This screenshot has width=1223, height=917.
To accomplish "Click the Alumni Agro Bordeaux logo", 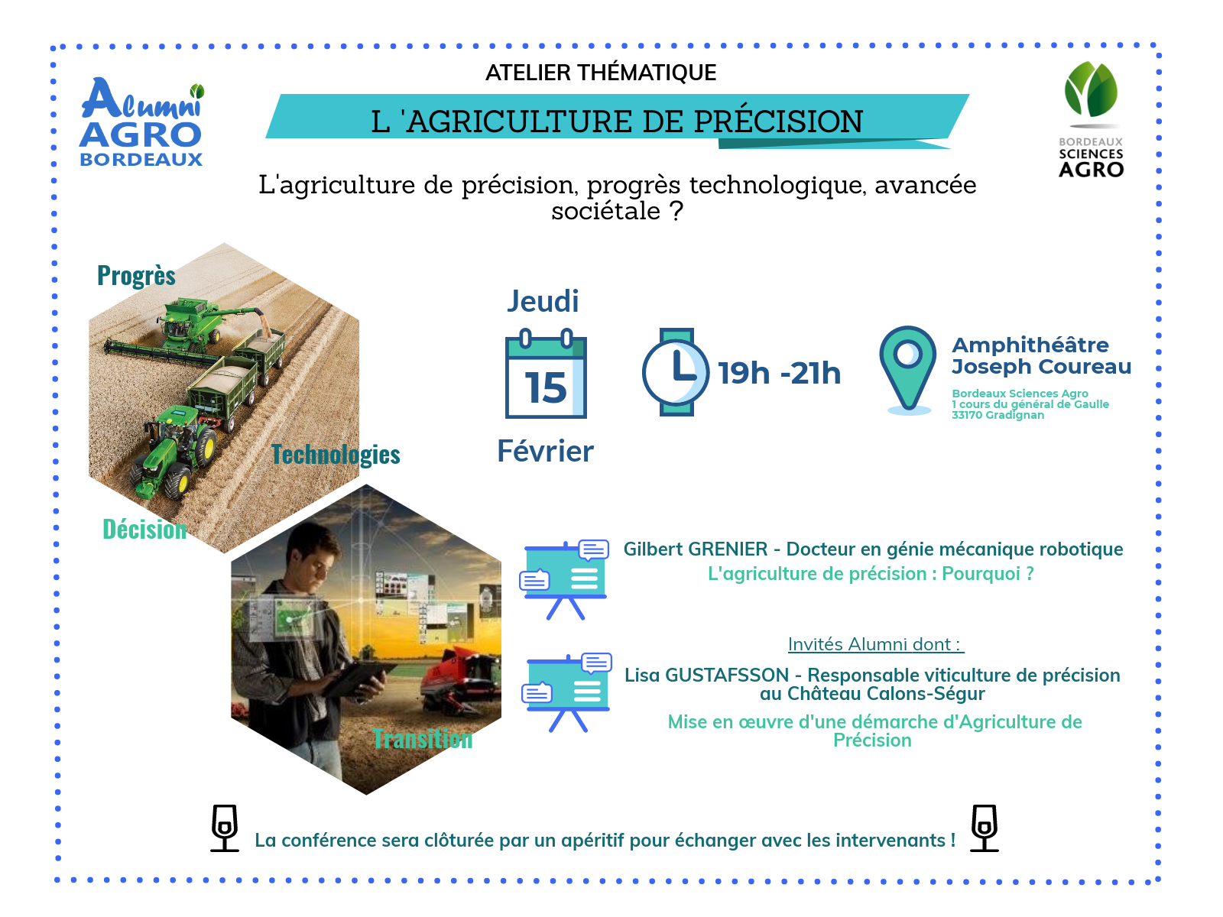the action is point(142,122).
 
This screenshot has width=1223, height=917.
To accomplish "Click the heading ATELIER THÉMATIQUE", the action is point(601,73).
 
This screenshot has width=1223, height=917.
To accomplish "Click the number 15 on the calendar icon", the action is point(546,387).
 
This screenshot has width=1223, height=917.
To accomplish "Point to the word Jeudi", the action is point(543,302).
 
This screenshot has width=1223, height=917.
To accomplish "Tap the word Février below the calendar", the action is point(545,451).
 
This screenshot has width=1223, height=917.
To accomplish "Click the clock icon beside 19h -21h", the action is point(676,372).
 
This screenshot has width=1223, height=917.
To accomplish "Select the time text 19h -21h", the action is point(779,373).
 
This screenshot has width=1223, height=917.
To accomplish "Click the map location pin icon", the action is point(907,371).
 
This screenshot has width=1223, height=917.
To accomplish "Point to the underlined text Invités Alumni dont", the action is point(874,644).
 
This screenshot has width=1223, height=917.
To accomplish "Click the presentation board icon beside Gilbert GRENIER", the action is point(564,579).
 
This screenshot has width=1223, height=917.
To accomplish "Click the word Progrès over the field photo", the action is point(136,276).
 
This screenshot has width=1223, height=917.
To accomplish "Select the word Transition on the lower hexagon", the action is point(423,739).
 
